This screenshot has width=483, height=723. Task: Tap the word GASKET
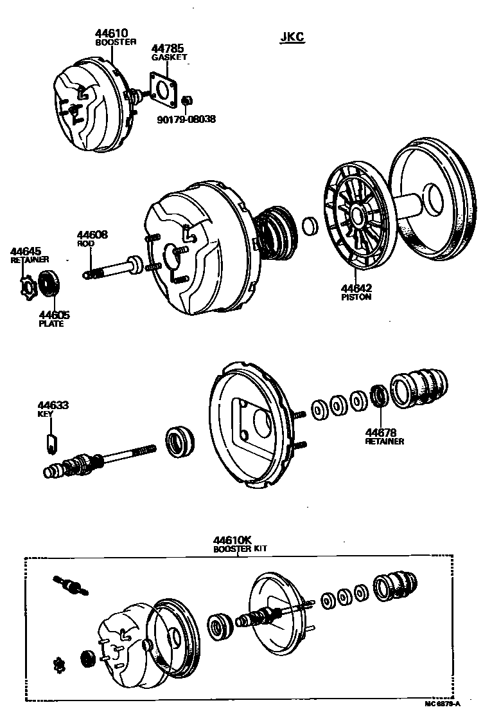click(169, 57)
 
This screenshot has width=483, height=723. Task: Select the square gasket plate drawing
click(165, 89)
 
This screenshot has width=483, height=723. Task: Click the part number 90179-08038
click(186, 119)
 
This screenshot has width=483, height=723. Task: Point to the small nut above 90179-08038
click(186, 101)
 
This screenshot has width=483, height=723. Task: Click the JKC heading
click(292, 38)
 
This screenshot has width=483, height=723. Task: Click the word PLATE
click(51, 324)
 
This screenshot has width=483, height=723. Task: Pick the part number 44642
click(356, 289)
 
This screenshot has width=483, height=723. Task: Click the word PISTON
click(356, 298)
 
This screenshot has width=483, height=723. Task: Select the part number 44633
click(53, 405)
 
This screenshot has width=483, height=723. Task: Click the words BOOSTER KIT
click(240, 549)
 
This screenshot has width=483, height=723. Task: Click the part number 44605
click(54, 315)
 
